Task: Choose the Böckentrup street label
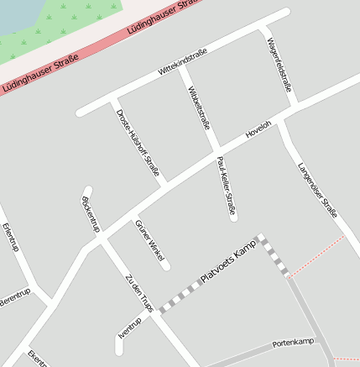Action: click(91, 215)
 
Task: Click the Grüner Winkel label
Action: click(149, 242)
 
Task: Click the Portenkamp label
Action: click(293, 343)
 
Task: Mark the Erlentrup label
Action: click(10, 238)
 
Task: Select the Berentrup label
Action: click(14, 296)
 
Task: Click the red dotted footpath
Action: click(319, 255)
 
